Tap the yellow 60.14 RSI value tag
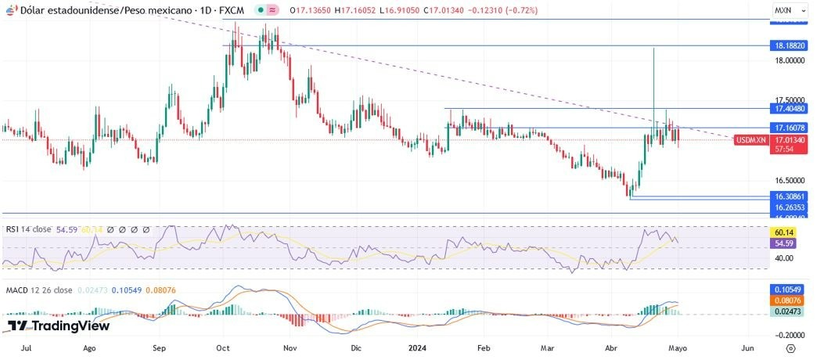(785, 232)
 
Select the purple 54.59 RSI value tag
(785, 243)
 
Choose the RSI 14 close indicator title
(28, 229)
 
